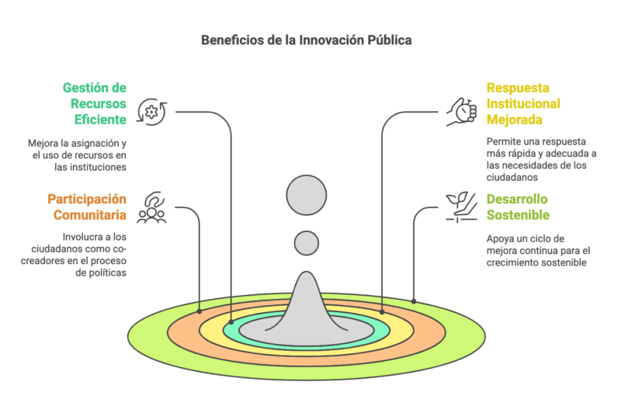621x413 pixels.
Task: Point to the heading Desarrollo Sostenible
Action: [x=518, y=206]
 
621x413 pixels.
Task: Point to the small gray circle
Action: [x=307, y=243]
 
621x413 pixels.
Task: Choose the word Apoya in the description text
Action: [x=501, y=238]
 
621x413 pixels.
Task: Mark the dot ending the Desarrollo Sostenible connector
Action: [x=414, y=300]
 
